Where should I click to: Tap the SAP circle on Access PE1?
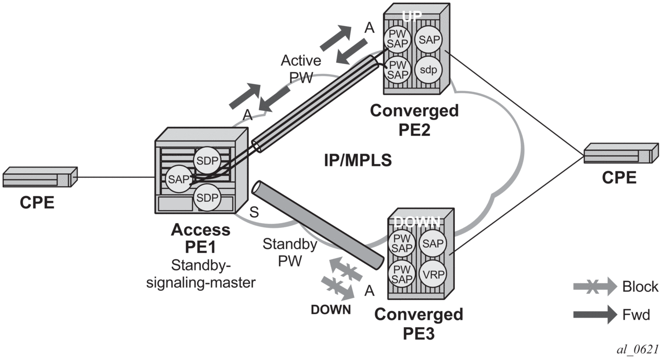(x=177, y=179)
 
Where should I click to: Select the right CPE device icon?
(x=618, y=155)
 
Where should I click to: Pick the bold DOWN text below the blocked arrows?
(x=330, y=309)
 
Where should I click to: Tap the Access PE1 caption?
(x=200, y=237)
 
